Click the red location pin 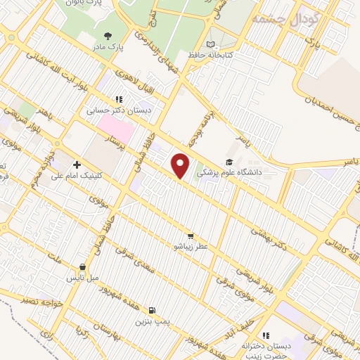[x=181, y=165]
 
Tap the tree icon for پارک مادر [x=108, y=34]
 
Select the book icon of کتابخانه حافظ [x=210, y=43]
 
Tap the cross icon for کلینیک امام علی [x=76, y=165]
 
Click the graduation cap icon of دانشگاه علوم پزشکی [x=229, y=162]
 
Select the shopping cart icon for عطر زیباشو [x=191, y=236]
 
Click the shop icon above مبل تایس [x=84, y=267]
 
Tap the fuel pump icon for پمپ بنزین [x=152, y=309]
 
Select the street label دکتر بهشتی [x=271, y=236]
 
